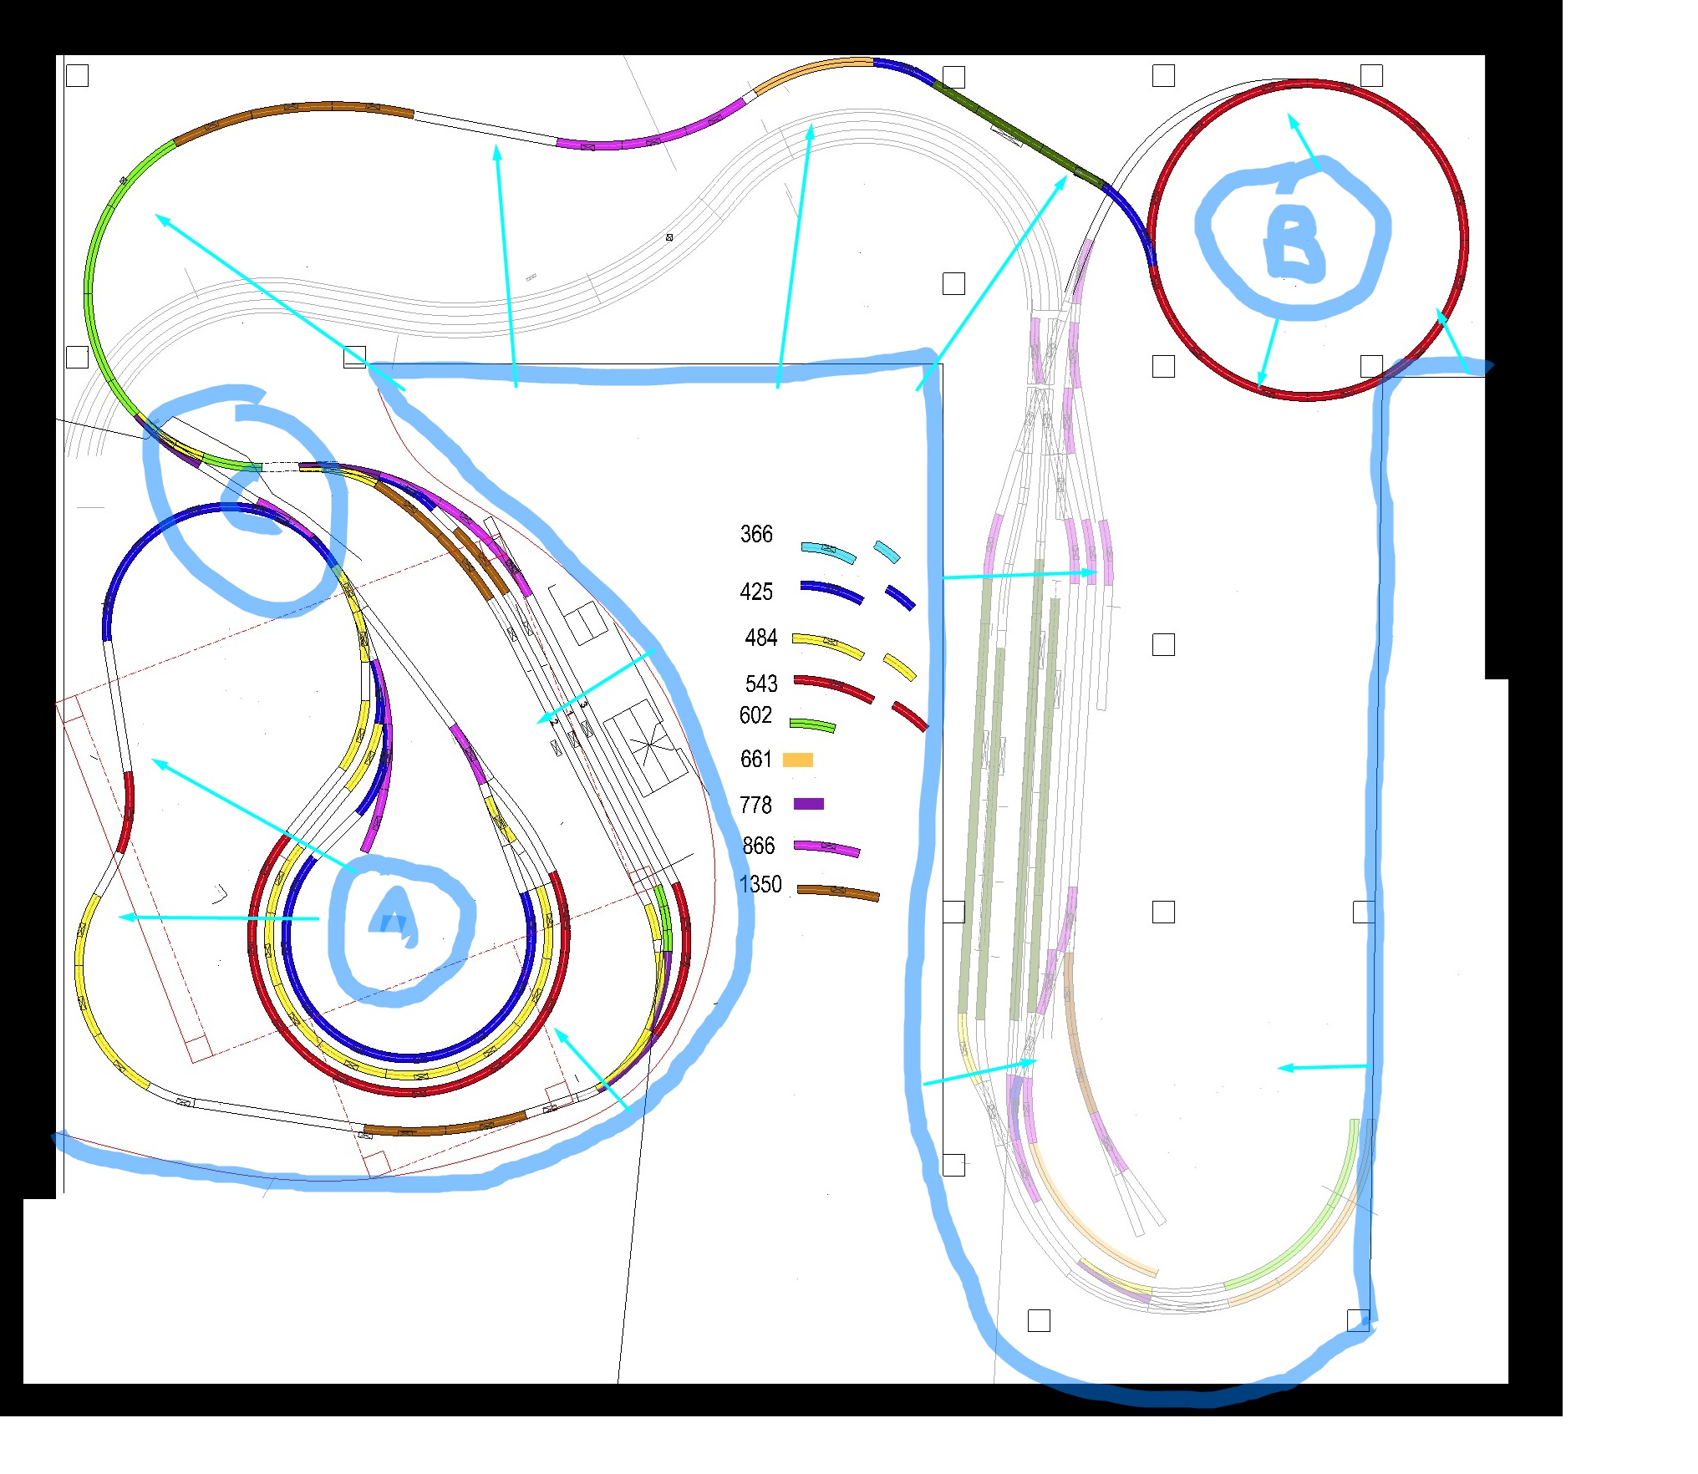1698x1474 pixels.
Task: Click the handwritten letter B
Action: [1294, 243]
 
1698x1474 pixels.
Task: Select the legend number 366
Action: [756, 535]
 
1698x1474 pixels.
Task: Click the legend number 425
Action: [756, 592]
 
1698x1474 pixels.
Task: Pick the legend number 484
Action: [760, 638]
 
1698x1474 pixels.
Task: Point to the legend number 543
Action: [760, 684]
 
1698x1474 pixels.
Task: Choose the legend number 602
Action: [755, 715]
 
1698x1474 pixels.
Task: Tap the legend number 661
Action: [755, 760]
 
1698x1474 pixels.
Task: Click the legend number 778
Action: [755, 806]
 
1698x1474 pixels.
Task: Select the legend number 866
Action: [759, 846]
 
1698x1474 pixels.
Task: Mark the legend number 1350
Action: [760, 885]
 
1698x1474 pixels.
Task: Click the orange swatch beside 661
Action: [798, 760]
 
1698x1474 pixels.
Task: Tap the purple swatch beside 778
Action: [808, 804]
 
